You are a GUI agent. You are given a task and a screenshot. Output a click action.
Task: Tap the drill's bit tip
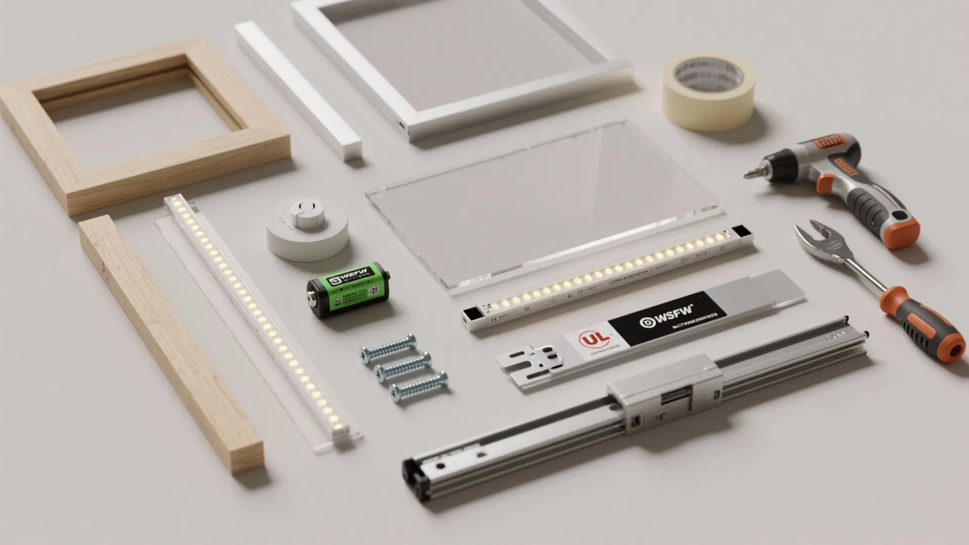749,175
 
